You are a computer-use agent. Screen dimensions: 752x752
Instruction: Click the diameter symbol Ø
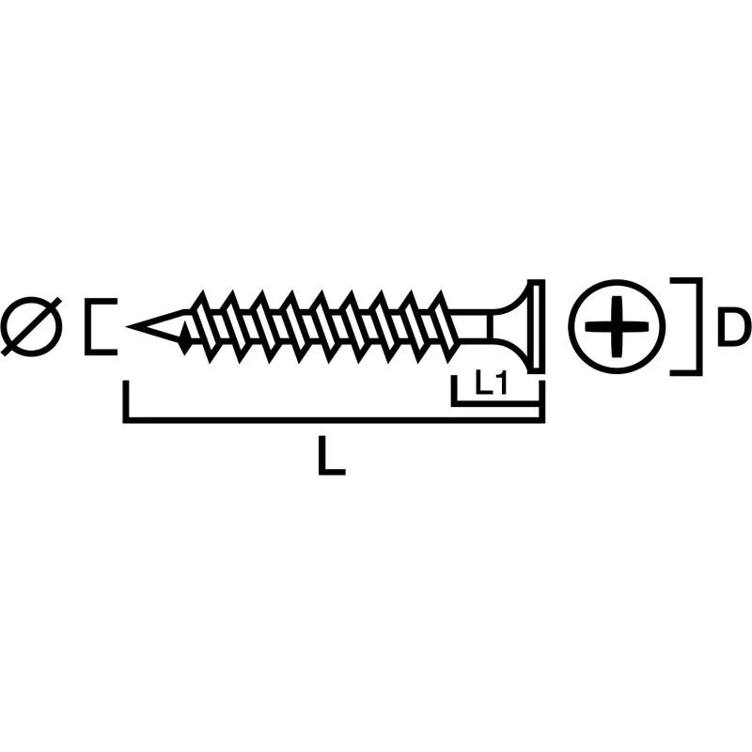tap(31, 326)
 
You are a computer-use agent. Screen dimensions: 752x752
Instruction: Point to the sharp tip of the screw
tap(132, 326)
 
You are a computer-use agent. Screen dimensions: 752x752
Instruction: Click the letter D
tap(733, 327)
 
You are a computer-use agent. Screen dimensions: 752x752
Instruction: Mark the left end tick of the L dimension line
tap(125, 401)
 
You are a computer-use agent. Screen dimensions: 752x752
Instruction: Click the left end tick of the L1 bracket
tap(454, 389)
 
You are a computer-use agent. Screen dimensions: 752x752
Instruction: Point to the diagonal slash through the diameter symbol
tap(31, 326)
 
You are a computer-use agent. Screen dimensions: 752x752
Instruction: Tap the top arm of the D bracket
tap(686, 280)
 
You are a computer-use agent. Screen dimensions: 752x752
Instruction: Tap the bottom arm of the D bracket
tap(686, 372)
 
